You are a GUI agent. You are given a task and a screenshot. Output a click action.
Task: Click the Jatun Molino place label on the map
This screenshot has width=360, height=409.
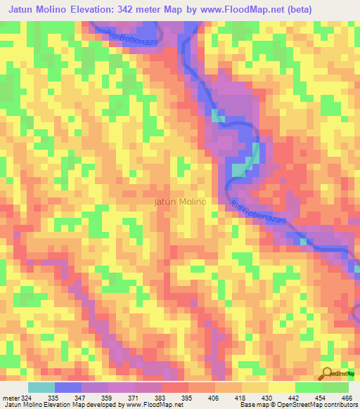179,202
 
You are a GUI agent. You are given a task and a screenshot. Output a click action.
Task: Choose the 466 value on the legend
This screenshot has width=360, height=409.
347,398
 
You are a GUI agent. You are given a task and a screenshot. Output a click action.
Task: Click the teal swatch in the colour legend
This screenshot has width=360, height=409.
41,388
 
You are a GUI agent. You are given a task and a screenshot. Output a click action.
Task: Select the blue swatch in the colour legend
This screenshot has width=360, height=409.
68,388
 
